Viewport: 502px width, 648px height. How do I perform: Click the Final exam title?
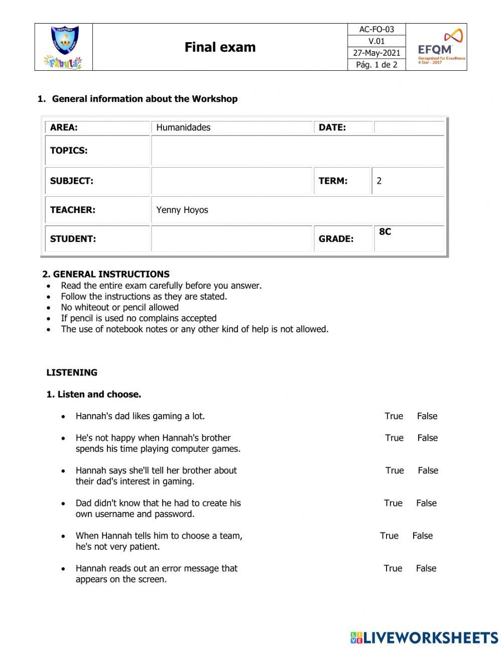point(220,47)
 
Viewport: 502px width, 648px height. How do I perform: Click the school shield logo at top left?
point(64,41)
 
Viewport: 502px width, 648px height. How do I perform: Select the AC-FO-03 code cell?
point(376,30)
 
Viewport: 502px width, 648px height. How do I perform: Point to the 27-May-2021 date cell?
point(376,53)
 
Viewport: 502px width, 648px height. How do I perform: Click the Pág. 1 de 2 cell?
point(376,65)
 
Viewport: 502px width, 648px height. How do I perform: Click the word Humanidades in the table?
point(183,127)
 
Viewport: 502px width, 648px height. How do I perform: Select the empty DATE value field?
point(409,127)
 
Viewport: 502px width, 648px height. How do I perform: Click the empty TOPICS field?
point(297,151)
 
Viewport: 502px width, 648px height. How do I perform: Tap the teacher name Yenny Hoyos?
point(182,210)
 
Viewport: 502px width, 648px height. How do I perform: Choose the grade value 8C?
point(385,232)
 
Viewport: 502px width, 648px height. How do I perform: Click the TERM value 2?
point(379,181)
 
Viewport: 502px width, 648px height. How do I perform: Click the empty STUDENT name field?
point(231,239)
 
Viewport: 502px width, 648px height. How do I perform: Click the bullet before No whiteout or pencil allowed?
point(49,308)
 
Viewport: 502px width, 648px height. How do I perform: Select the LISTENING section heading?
point(72,372)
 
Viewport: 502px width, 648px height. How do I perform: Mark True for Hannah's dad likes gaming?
point(394,416)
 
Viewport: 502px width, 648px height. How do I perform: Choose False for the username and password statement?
point(426,503)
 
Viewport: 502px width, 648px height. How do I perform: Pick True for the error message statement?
point(393,568)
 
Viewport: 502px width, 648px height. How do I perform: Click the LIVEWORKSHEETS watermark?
point(424,637)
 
